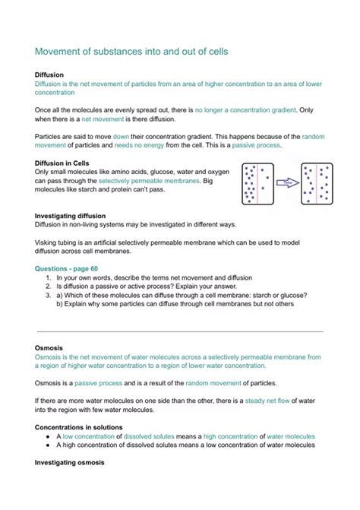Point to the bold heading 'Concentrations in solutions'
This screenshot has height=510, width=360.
tap(79, 427)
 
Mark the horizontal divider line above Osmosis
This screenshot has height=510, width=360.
tap(180, 331)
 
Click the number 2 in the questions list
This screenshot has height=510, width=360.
tap(48, 287)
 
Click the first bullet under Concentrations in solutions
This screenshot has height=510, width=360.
tap(48, 436)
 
